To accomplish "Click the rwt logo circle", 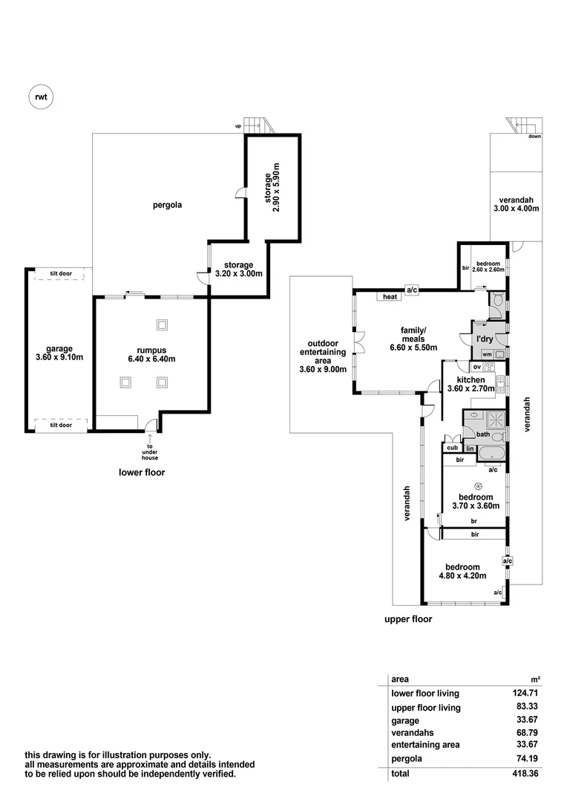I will click(x=41, y=96).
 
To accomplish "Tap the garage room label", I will click(x=59, y=353).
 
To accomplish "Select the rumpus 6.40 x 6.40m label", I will click(x=151, y=354).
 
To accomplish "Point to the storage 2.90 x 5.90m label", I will click(x=273, y=187).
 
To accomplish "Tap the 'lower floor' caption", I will click(x=142, y=472).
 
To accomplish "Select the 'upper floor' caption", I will click(x=407, y=619).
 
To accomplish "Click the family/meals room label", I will click(x=413, y=342).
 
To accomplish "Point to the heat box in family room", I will click(x=389, y=298).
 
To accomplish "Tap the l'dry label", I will click(x=485, y=339).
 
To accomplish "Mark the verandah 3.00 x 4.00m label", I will click(x=515, y=204).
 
